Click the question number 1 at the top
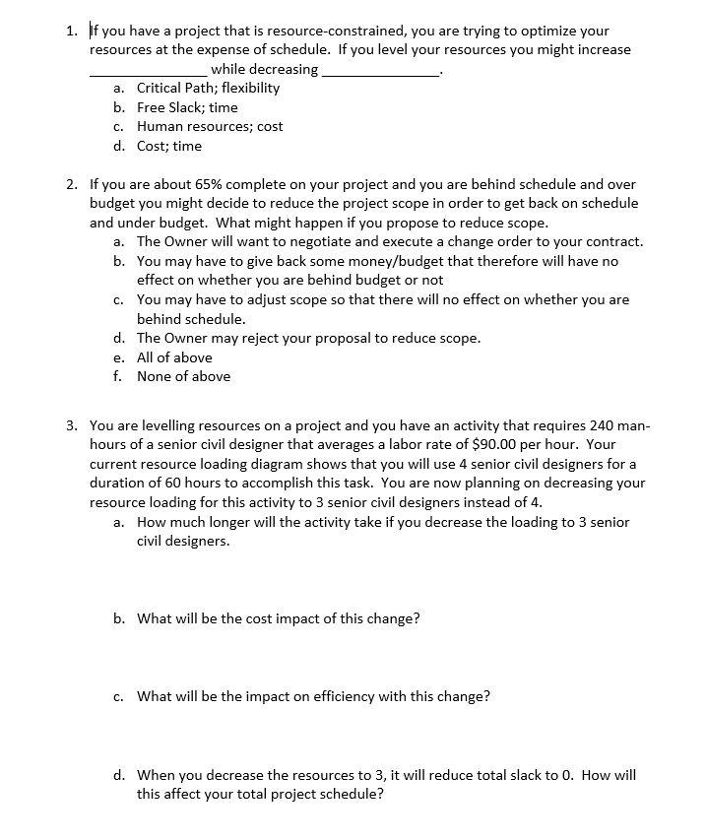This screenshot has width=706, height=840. point(72,30)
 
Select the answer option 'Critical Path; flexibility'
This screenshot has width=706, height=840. point(208,88)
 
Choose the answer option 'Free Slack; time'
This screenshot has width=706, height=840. point(187,107)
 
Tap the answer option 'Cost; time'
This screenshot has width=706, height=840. point(168,146)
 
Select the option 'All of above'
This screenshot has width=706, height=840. point(174,357)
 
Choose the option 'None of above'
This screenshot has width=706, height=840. point(183,376)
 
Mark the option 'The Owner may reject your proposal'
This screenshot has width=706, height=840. point(308,338)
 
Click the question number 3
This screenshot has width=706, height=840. point(72,425)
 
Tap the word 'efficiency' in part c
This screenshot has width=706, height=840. point(370,696)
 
